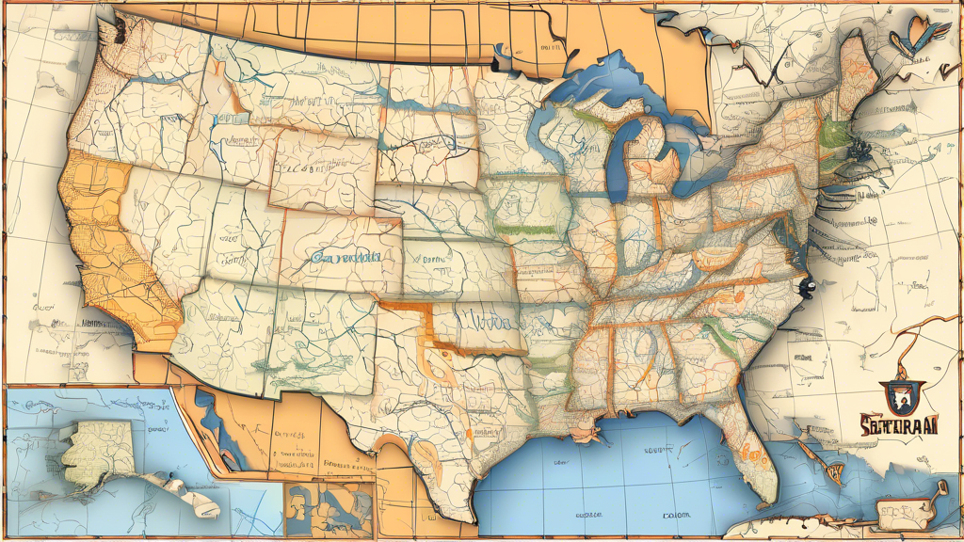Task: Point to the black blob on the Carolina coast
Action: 803,279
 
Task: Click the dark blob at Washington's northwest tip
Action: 109,33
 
